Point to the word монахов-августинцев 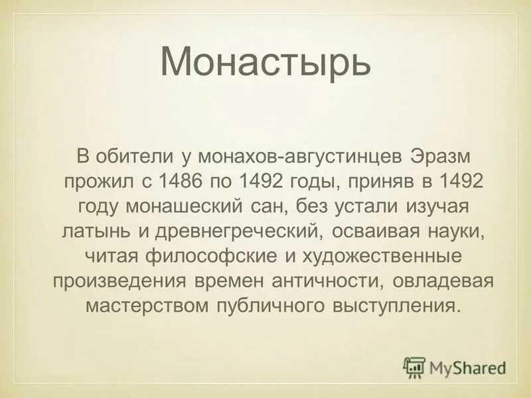295,157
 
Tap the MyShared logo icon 414,367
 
